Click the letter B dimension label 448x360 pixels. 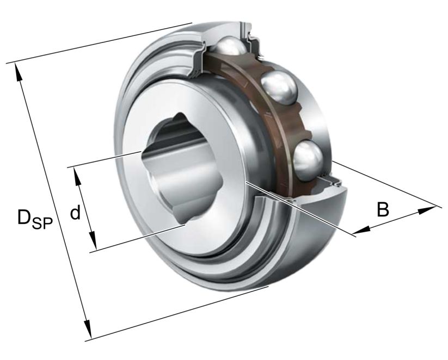point(383,209)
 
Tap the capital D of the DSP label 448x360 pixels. point(24,217)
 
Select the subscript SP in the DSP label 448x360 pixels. point(42,222)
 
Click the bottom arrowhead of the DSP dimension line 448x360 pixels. point(87,332)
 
